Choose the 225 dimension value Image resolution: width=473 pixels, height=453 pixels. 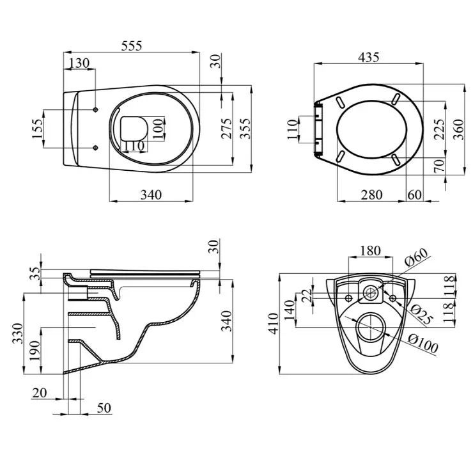click(438, 130)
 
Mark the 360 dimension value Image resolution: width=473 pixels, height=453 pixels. click(458, 130)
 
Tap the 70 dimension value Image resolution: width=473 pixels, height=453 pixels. click(438, 167)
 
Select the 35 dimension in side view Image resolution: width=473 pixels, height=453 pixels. click(36, 274)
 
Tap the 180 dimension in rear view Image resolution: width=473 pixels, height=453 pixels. click(370, 250)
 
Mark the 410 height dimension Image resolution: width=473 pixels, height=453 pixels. click(274, 322)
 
